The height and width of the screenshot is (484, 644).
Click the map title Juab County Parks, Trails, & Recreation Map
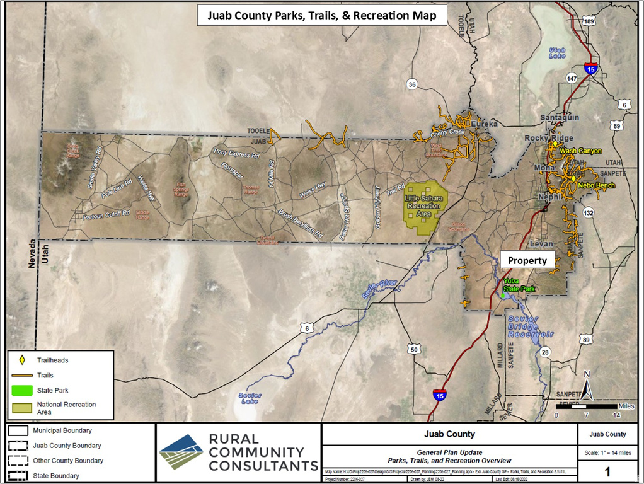(x=323, y=15)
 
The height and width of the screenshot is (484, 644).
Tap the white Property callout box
(x=527, y=260)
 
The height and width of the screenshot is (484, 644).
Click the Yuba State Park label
(x=519, y=285)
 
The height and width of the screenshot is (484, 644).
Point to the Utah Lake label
(x=557, y=53)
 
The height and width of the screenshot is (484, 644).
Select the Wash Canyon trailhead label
(x=581, y=151)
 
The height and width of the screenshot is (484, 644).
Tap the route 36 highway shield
(x=412, y=84)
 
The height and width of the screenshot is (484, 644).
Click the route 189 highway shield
(x=589, y=21)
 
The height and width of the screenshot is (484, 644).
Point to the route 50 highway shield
(x=414, y=350)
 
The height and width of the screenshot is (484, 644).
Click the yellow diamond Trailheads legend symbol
(x=21, y=360)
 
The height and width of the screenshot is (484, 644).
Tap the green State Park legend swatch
(x=21, y=390)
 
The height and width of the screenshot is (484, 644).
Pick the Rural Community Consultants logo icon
(x=181, y=452)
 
